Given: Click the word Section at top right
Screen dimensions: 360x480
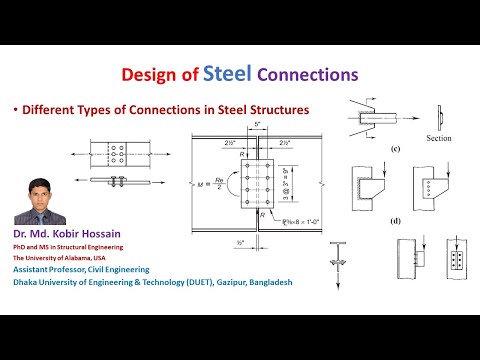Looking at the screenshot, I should coord(440,138).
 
